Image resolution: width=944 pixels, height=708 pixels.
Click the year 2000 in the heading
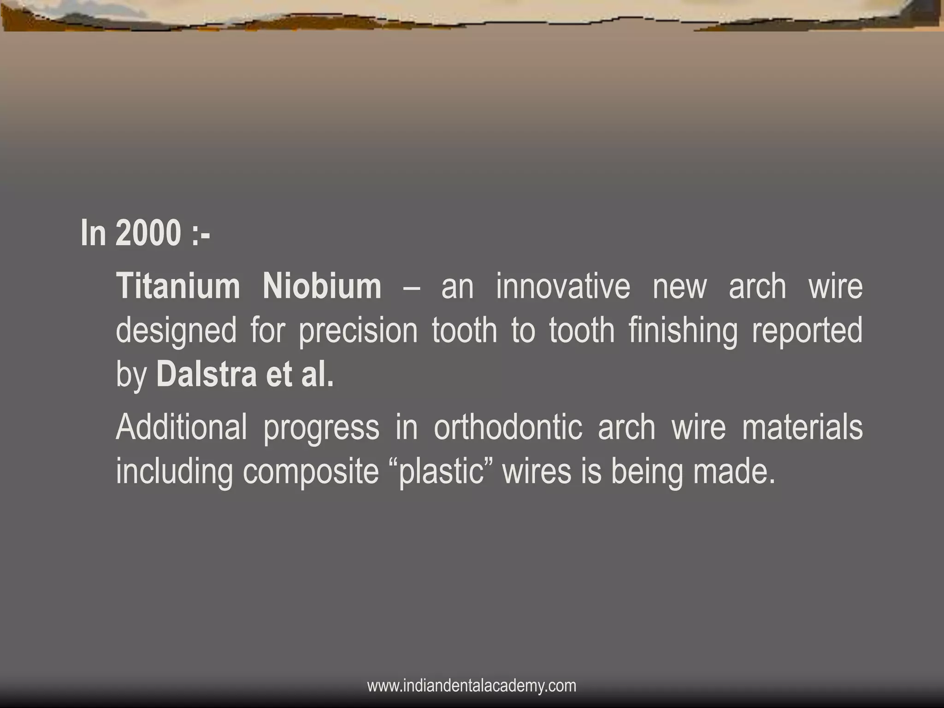pos(147,233)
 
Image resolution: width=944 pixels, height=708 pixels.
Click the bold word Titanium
pos(178,287)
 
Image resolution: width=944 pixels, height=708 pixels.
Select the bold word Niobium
pos(322,287)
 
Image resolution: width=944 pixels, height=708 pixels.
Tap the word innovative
pos(562,287)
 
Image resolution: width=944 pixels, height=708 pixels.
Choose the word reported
pos(807,331)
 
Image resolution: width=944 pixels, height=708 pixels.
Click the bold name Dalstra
pos(206,375)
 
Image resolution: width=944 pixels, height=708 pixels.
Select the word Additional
pos(181,427)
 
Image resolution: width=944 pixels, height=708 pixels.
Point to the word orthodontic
pos(508,427)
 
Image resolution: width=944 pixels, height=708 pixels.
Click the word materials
pos(802,427)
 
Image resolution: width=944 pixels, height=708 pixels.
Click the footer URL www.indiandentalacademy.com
pos(472,686)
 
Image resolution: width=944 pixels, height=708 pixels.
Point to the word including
pos(174,473)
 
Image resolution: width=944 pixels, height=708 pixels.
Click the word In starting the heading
pos(93,233)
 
